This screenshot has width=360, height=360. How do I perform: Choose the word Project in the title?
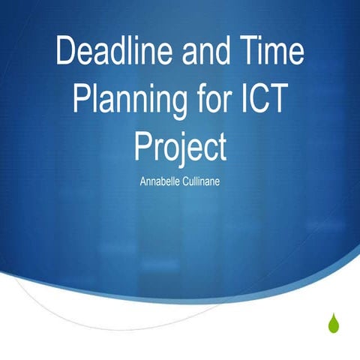point(180,145)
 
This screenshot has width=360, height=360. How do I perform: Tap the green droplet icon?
point(333,322)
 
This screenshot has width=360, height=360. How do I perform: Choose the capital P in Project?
point(142,145)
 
